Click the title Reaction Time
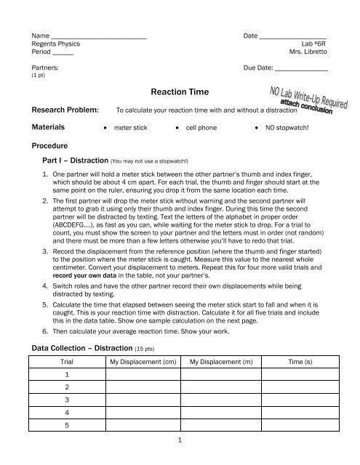tap(179, 92)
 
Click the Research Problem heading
tap(62, 111)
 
